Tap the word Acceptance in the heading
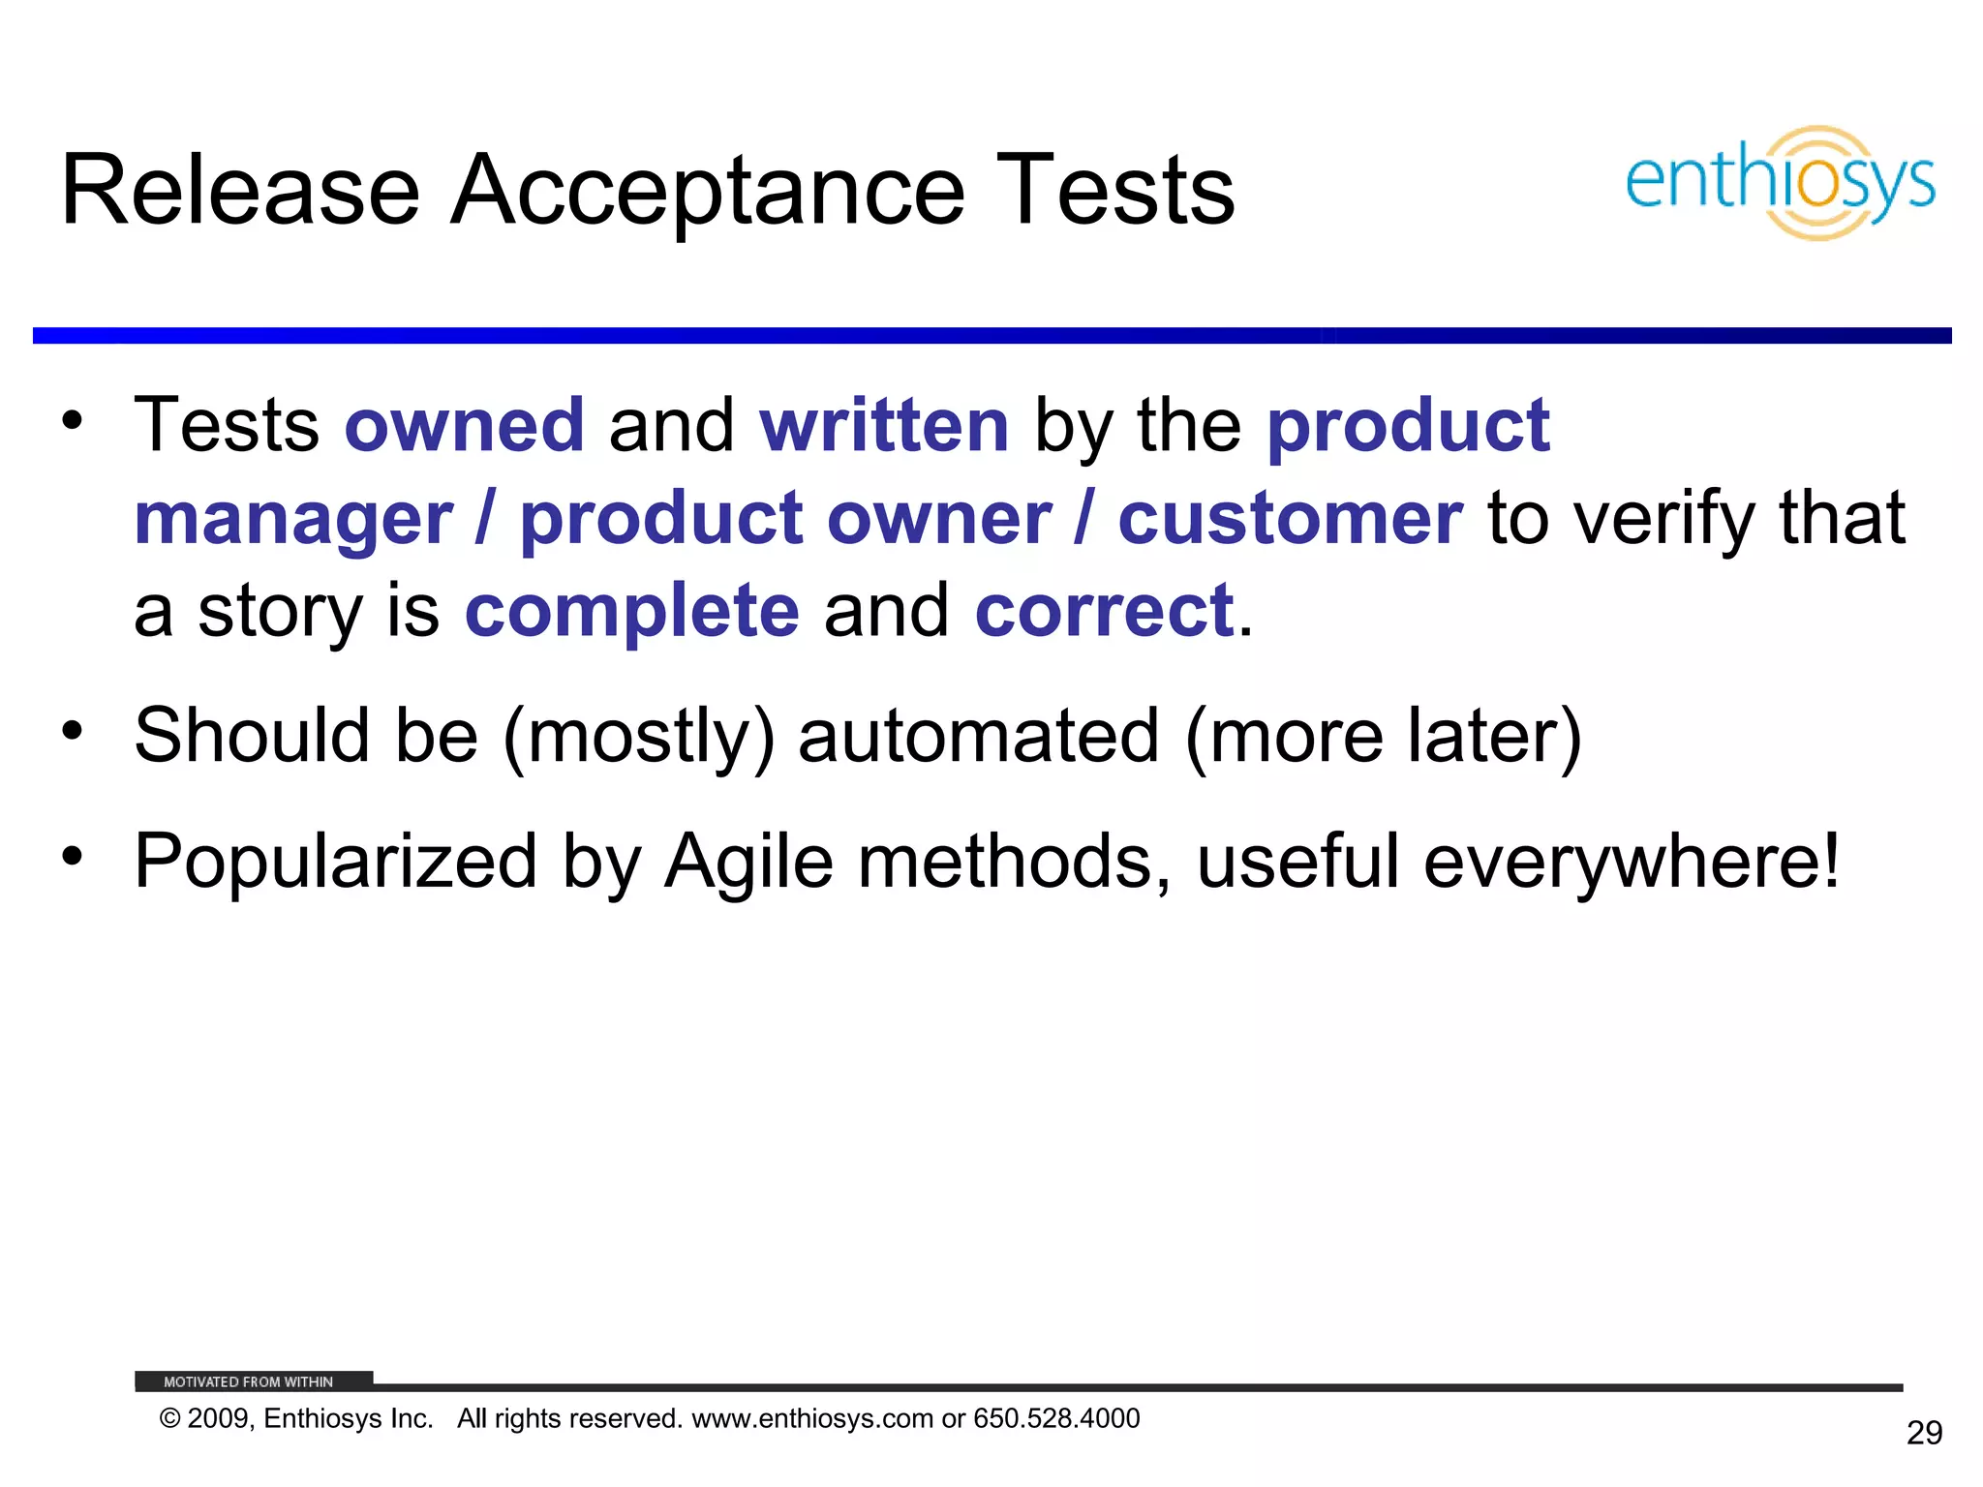(708, 191)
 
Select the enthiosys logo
(1780, 183)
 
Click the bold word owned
(465, 426)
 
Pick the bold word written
(884, 426)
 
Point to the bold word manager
(293, 520)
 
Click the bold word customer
(1290, 520)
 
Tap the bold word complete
(631, 612)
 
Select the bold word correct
(1104, 612)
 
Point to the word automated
(978, 736)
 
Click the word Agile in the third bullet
(748, 862)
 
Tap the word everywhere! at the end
(1632, 862)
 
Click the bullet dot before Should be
(73, 730)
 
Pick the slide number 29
(1924, 1433)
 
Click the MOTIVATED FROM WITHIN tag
(249, 1381)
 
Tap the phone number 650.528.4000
(1056, 1419)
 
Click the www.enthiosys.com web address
(811, 1419)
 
